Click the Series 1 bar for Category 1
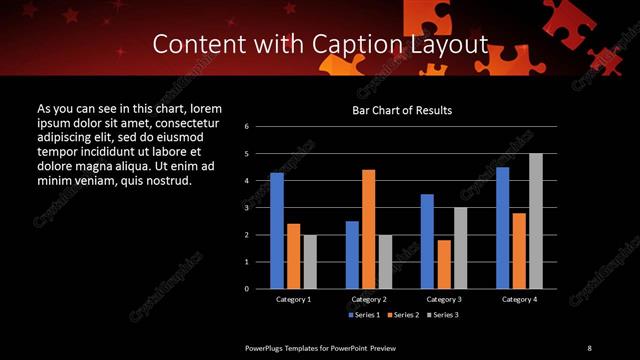[276, 231]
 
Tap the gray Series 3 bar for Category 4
[536, 221]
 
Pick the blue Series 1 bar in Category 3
[427, 241]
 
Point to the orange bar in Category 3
[443, 264]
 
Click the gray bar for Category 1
[310, 261]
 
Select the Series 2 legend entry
[403, 315]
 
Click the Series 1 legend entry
[363, 315]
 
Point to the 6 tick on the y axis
[260, 127]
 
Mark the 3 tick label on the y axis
[260, 208]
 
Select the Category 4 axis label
[519, 299]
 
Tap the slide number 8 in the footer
[589, 347]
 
